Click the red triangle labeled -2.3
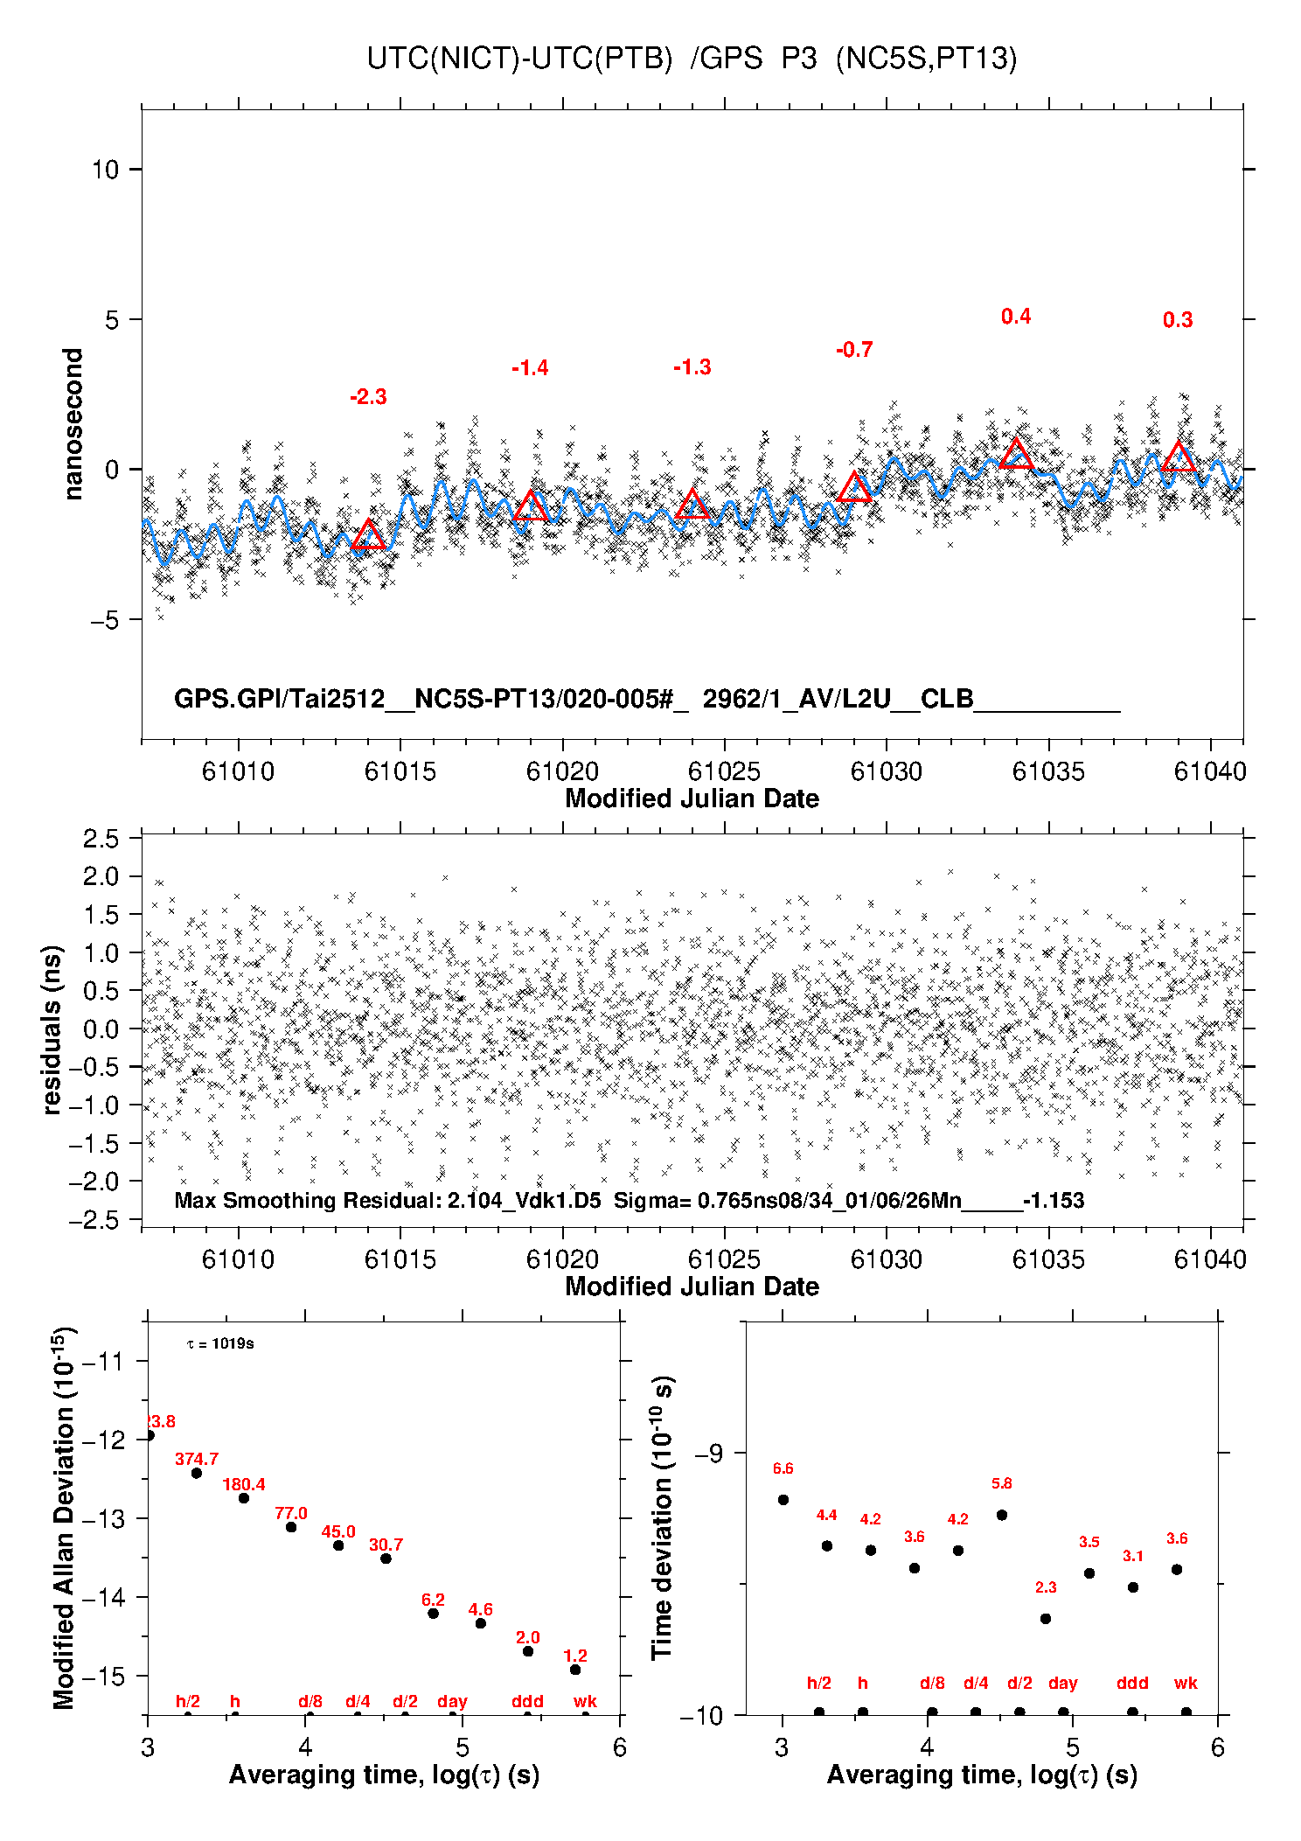368,535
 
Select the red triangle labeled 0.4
1016,454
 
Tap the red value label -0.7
854,350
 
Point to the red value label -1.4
530,368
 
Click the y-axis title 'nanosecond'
73,424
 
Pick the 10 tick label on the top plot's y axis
105,170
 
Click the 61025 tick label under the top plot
724,771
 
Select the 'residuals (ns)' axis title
52,1029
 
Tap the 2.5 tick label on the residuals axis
101,839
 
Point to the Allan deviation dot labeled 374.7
197,1473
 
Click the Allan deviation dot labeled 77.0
291,1527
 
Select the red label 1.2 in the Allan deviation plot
575,1656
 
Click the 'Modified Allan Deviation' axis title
64,1517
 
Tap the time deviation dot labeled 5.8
1002,1515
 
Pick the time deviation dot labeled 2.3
1046,1619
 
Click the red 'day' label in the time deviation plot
1063,1683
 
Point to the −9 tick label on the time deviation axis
708,1453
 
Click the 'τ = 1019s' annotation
220,1343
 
